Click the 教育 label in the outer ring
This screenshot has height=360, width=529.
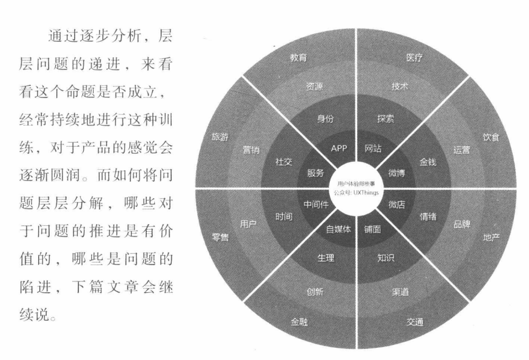click(x=298, y=58)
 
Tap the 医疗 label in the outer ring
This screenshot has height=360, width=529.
click(x=414, y=58)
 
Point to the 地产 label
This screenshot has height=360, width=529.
click(x=491, y=238)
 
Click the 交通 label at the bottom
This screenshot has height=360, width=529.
click(x=415, y=322)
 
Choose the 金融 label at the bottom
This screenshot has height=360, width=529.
click(x=299, y=322)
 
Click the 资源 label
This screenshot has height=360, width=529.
click(x=315, y=87)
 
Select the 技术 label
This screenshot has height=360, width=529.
click(x=399, y=87)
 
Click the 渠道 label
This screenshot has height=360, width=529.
click(x=400, y=292)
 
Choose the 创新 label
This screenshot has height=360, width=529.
click(x=315, y=292)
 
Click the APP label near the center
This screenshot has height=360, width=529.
click(x=339, y=148)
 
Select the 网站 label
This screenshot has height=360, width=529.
click(x=373, y=148)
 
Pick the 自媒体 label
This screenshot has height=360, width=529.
click(x=338, y=230)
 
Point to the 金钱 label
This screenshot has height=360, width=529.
click(x=428, y=162)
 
